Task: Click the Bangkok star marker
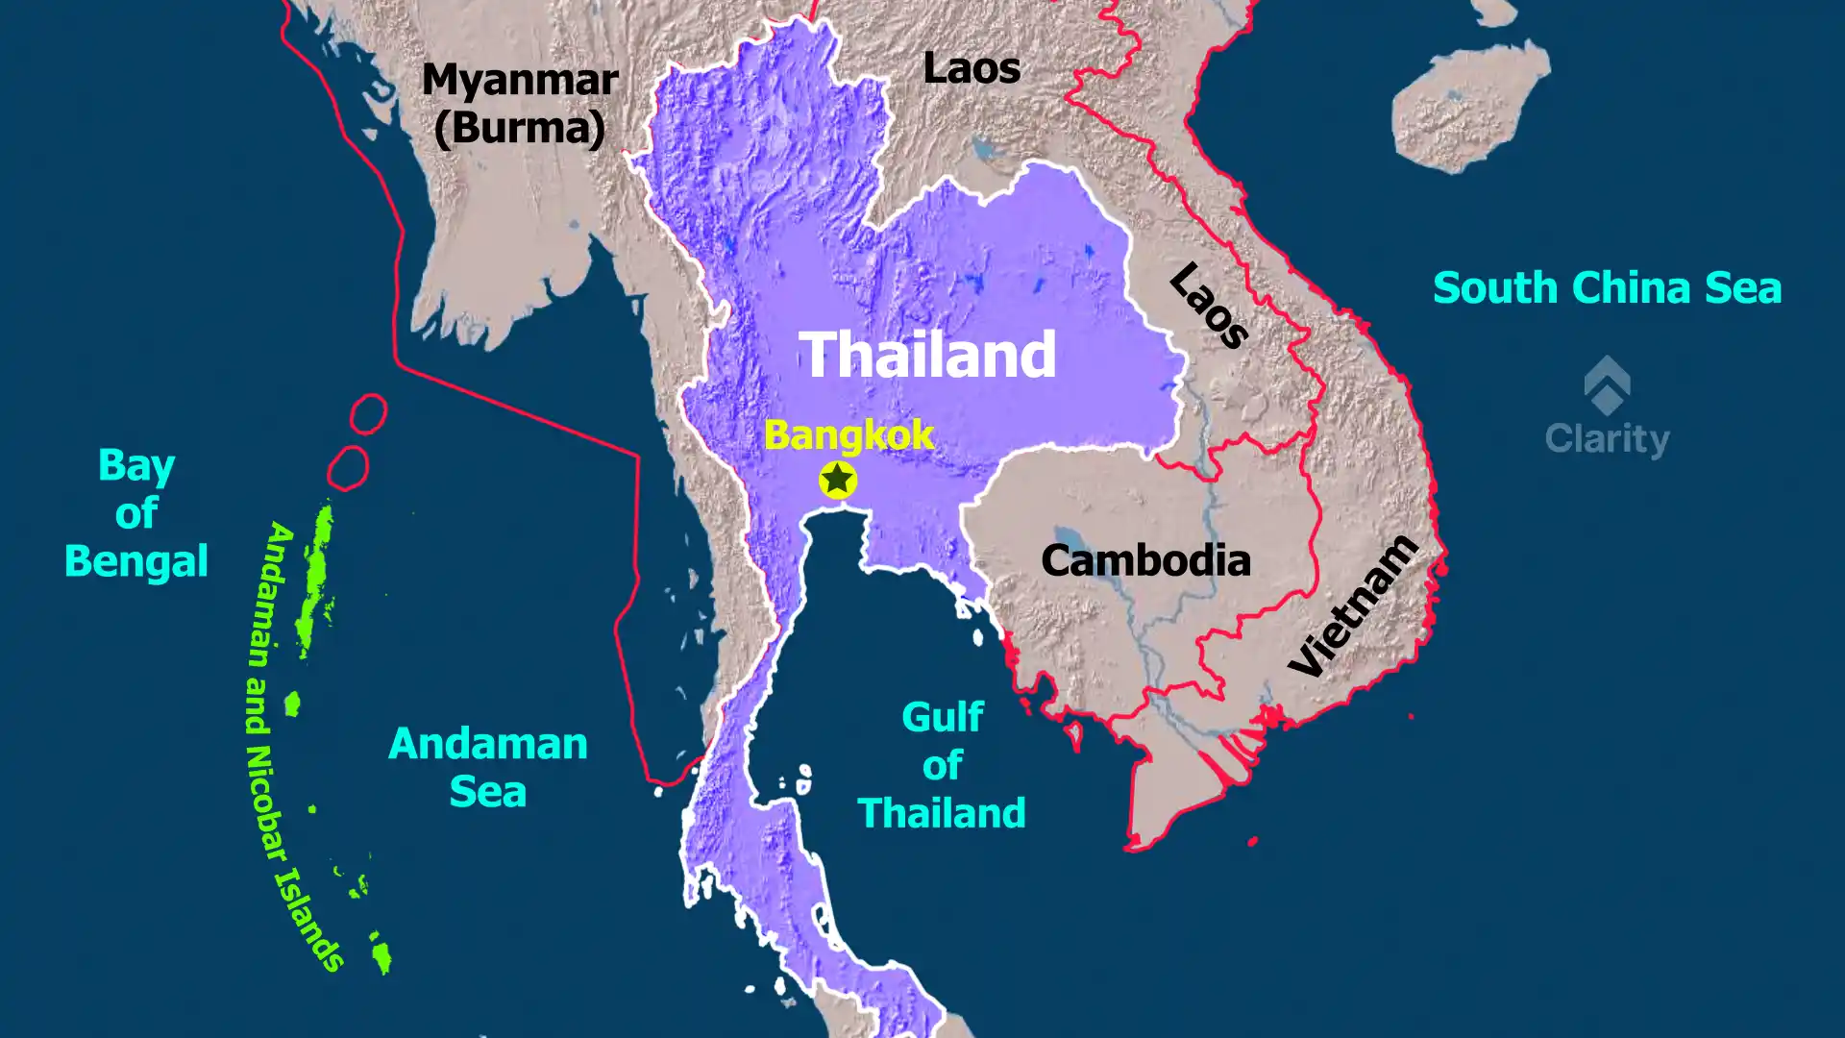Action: [x=837, y=479]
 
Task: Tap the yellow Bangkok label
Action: [x=849, y=435]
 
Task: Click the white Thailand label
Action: [x=927, y=355]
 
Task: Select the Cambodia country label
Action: [x=1145, y=560]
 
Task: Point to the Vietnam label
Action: [x=1353, y=606]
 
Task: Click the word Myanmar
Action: [x=520, y=80]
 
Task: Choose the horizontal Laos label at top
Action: [x=972, y=68]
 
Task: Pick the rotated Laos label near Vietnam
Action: [x=1209, y=305]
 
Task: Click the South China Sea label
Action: [x=1607, y=288]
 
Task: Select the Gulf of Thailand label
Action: [x=942, y=765]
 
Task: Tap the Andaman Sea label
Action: [x=488, y=768]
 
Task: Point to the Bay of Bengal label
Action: [x=136, y=513]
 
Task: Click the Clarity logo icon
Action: [x=1607, y=383]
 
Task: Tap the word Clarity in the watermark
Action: [x=1607, y=439]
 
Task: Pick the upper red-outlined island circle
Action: [x=368, y=413]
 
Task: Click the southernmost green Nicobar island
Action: [x=381, y=955]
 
